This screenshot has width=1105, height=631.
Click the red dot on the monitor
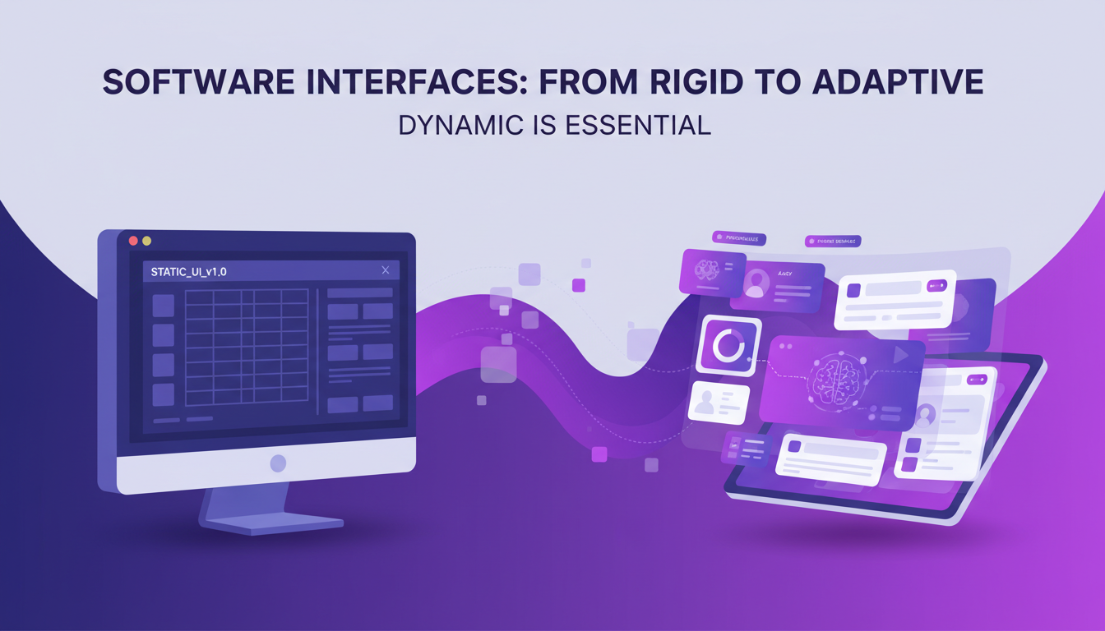coord(133,241)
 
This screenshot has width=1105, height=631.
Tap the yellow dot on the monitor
coord(147,241)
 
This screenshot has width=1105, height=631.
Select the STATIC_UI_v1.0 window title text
coord(188,271)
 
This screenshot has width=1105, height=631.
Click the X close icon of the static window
coord(386,269)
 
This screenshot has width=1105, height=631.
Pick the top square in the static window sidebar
coord(163,306)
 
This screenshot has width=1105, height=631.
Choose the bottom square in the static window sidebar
coord(163,394)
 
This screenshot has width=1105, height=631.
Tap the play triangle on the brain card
coord(902,355)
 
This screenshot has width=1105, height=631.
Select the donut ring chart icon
coord(728,346)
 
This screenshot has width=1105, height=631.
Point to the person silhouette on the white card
coord(705,403)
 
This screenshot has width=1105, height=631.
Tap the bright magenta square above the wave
coord(579,285)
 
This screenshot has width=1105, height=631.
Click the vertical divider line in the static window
coord(317,351)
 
